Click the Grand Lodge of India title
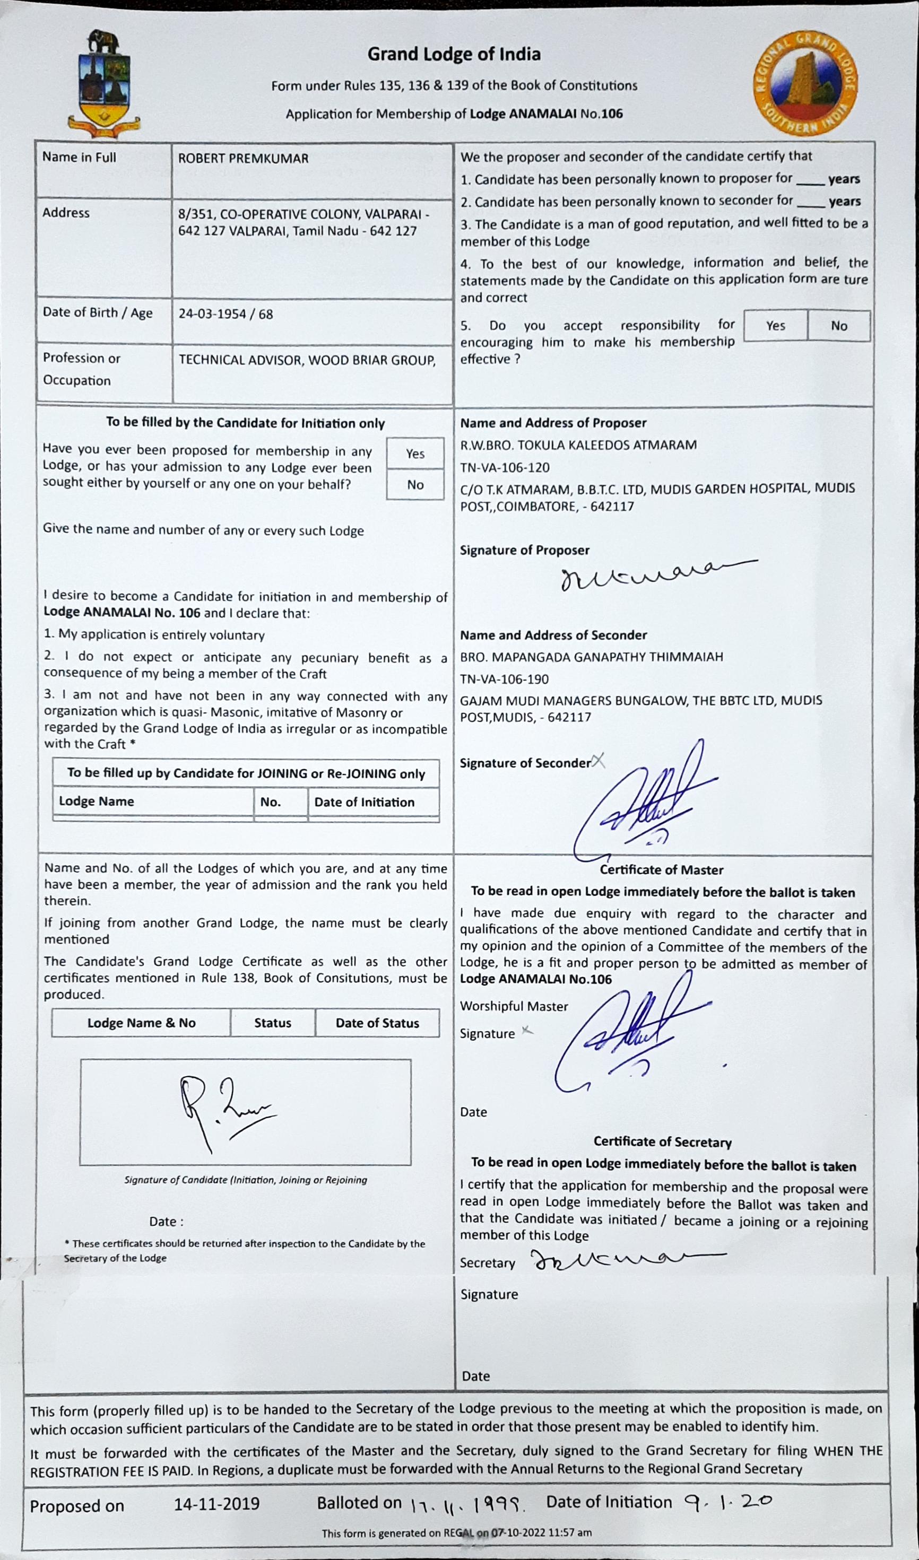454,55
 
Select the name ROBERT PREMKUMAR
243,159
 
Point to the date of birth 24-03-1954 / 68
226,314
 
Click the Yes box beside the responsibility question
775,326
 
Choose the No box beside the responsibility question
839,326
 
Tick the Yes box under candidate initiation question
415,454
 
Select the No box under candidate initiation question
415,485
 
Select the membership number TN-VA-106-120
505,467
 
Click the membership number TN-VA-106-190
505,679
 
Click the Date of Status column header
377,1023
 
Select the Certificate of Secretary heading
663,1141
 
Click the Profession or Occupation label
82,369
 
